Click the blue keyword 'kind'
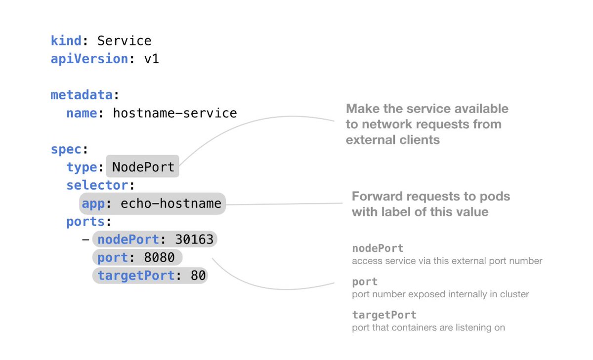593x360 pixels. (66, 40)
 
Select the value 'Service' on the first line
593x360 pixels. (124, 40)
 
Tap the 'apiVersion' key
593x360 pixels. (89, 59)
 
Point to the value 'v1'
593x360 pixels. (151, 59)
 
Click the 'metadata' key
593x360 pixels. (82, 95)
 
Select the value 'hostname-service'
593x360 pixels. (175, 113)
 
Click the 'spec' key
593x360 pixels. (66, 149)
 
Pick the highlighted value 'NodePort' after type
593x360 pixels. (143, 167)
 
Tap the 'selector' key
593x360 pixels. (97, 185)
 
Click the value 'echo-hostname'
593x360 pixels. (171, 203)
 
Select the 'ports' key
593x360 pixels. (85, 222)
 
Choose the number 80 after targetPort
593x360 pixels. (198, 276)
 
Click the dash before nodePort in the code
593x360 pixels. (85, 240)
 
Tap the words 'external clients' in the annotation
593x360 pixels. (393, 140)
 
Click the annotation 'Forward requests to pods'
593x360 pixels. (430, 197)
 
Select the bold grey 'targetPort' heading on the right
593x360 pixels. (384, 315)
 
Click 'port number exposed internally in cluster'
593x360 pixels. (440, 294)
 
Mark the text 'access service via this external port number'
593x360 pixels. (447, 261)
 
